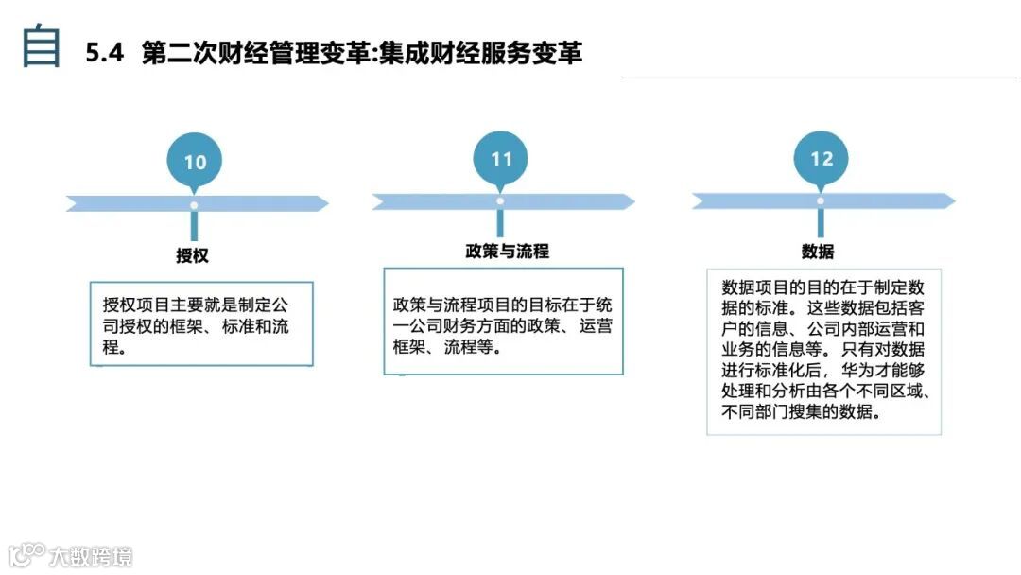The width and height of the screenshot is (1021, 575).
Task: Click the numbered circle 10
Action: [195, 162]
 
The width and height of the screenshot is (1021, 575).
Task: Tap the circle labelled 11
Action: [501, 159]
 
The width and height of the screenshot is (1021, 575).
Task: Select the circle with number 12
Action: [822, 158]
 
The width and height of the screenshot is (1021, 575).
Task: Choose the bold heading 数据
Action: [818, 252]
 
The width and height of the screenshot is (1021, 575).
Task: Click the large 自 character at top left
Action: [42, 47]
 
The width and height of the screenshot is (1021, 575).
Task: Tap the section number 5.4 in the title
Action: [105, 54]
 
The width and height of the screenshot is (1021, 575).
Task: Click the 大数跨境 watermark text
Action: [92, 555]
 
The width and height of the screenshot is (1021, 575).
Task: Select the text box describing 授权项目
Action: [201, 324]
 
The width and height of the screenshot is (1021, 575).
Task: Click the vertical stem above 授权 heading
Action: [194, 226]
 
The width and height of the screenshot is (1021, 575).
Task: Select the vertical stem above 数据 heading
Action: [821, 223]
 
